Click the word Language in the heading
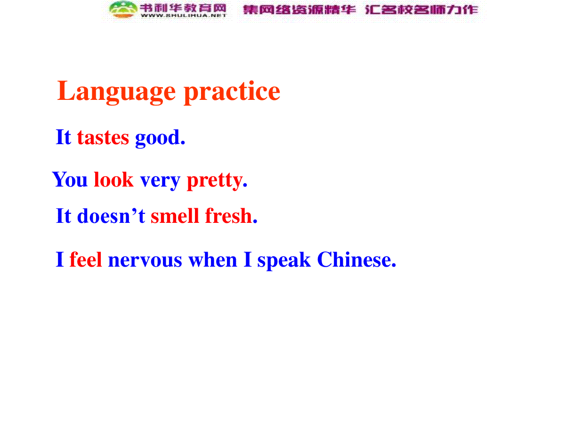click(x=116, y=92)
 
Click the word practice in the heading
click(x=231, y=92)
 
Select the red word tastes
click(x=103, y=137)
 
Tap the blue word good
click(x=160, y=138)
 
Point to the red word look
click(x=113, y=179)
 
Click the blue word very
click(x=160, y=182)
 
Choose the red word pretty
click(x=217, y=181)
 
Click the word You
click(x=70, y=179)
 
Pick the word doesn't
click(x=111, y=215)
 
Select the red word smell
click(x=175, y=215)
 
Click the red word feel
click(x=86, y=259)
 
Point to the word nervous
click(x=145, y=261)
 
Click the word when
click(x=212, y=259)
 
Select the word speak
click(x=284, y=261)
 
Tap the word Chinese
click(x=356, y=259)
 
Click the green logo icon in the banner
click(x=123, y=9)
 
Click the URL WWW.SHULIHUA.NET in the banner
click(x=183, y=16)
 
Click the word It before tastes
click(x=63, y=137)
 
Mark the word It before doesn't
click(x=63, y=215)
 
